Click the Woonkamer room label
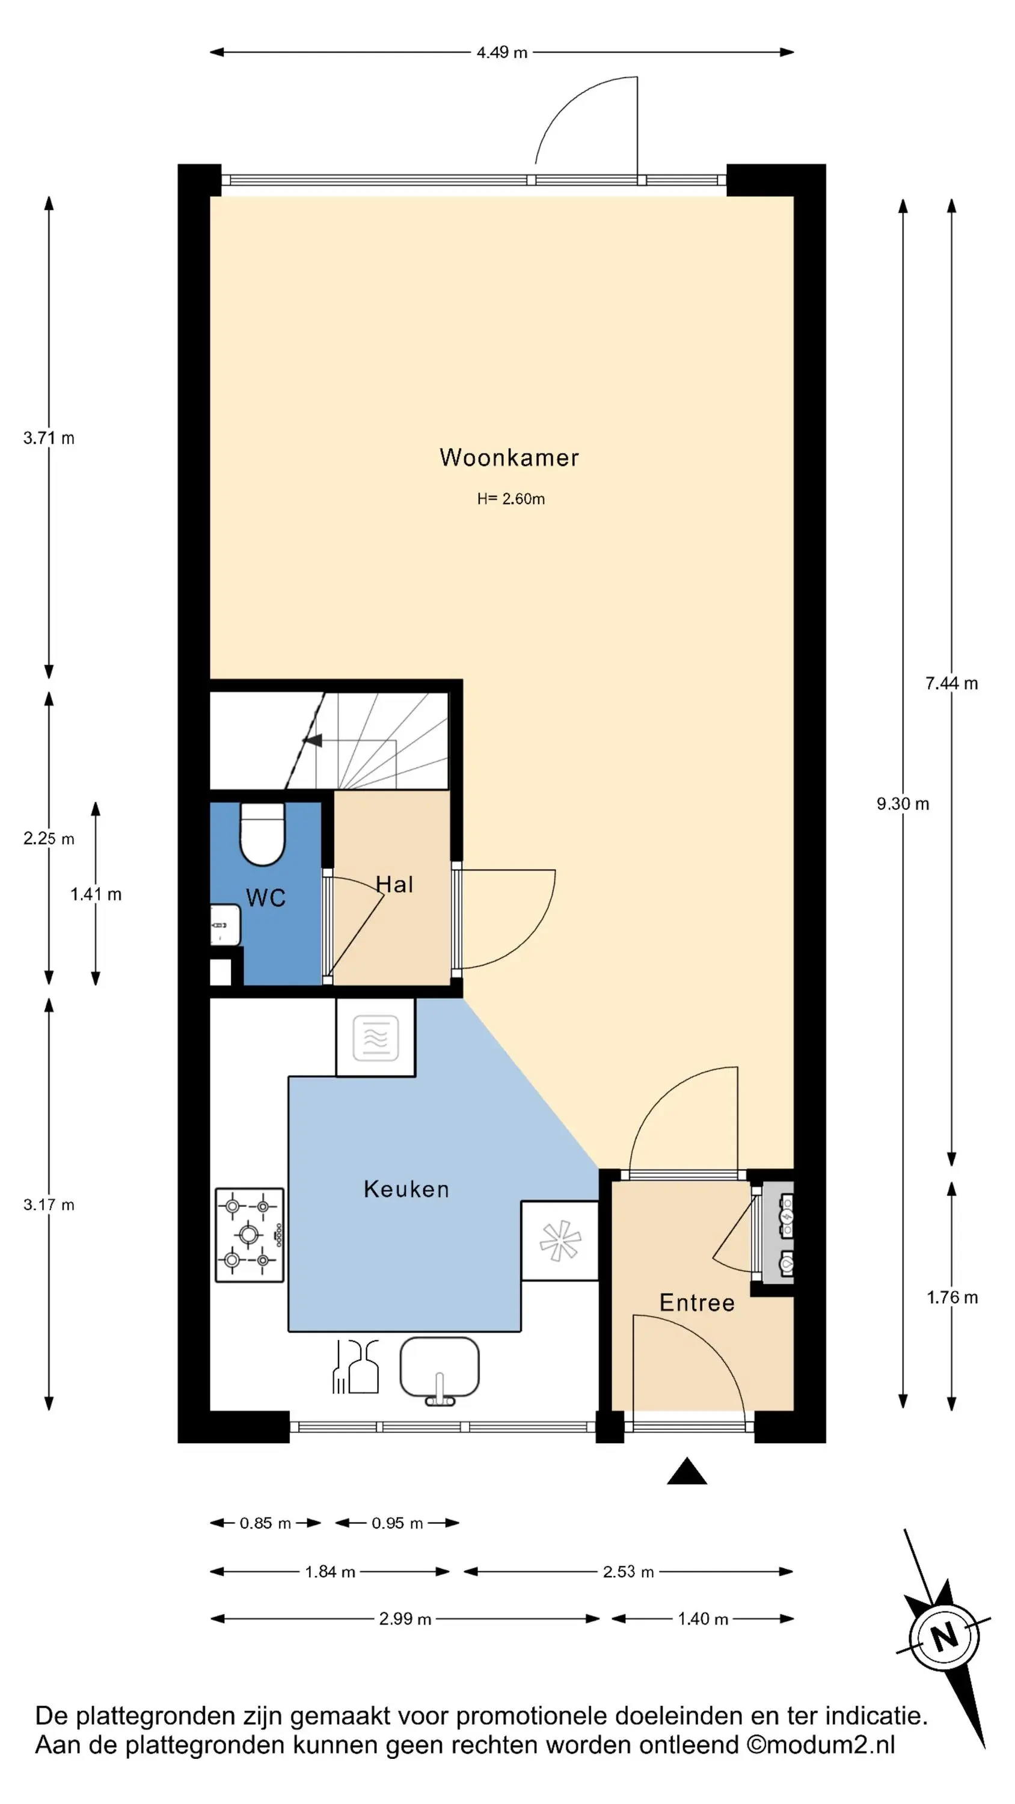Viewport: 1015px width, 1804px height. (x=509, y=457)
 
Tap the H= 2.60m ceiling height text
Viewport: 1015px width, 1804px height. (x=511, y=499)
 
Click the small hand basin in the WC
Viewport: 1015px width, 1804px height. (x=225, y=925)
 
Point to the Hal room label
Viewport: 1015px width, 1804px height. (x=394, y=885)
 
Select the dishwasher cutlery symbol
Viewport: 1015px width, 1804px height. (x=355, y=1366)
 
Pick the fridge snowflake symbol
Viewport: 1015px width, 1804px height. (x=560, y=1241)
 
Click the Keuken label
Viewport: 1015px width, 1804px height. (x=406, y=1189)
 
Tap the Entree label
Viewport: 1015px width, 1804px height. (x=697, y=1302)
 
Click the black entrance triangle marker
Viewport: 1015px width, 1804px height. (x=687, y=1471)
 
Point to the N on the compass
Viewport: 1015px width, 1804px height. (x=943, y=1637)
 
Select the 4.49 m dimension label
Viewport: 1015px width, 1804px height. (x=501, y=52)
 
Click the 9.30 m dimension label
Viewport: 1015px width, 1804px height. (x=903, y=804)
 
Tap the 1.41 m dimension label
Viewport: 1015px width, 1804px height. (x=96, y=894)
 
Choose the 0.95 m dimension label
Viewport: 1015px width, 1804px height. (x=397, y=1523)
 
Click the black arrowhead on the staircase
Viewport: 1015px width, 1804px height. (x=313, y=740)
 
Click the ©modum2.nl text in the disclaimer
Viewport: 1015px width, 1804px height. (x=820, y=1744)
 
